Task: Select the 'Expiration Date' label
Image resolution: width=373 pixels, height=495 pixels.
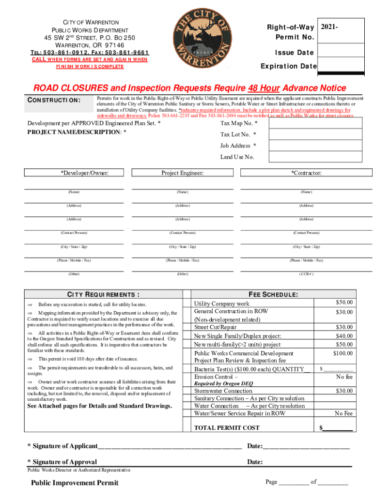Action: click(288, 66)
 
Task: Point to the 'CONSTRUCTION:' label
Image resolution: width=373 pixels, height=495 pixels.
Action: click(53, 100)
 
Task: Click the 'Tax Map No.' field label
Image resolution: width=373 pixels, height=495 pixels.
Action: click(239, 124)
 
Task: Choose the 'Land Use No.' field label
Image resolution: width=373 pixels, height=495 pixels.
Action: click(237, 157)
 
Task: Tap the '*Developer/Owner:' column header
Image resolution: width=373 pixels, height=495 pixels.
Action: click(84, 173)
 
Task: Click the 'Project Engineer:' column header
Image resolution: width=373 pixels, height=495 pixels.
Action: click(182, 173)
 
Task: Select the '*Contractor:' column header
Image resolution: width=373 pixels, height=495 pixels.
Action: click(306, 173)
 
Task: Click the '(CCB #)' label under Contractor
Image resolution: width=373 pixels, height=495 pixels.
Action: click(306, 274)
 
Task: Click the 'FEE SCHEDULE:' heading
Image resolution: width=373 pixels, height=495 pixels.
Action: click(273, 294)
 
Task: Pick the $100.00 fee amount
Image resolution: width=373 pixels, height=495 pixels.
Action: click(343, 353)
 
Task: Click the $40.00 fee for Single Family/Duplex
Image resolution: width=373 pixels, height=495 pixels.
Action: click(344, 335)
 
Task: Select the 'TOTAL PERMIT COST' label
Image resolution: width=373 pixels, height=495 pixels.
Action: click(227, 427)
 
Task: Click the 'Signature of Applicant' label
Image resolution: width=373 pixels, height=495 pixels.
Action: click(62, 445)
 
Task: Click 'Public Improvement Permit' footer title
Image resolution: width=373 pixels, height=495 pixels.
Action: click(75, 482)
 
